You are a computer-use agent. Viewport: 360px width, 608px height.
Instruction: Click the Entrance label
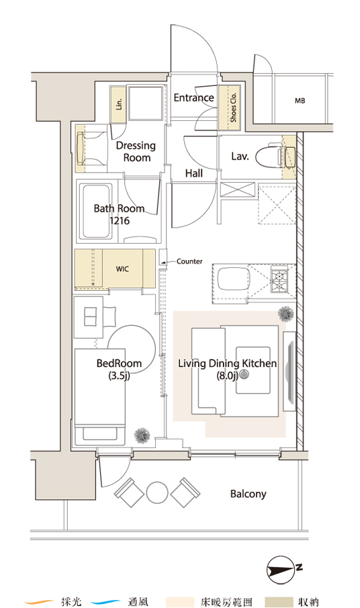pyautogui.click(x=193, y=97)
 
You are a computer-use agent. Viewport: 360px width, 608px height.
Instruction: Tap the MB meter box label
pyautogui.click(x=300, y=101)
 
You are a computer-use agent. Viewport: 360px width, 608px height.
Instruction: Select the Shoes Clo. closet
pyautogui.click(x=229, y=107)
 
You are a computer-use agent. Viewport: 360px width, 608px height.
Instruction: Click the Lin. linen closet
pyautogui.click(x=118, y=104)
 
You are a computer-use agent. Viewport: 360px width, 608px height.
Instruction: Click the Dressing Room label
pyautogui.click(x=136, y=151)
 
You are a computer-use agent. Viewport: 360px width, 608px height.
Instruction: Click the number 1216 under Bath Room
pyautogui.click(x=120, y=221)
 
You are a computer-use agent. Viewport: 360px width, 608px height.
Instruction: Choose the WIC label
pyautogui.click(x=122, y=269)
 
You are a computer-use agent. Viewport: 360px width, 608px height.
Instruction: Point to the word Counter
pyautogui.click(x=189, y=261)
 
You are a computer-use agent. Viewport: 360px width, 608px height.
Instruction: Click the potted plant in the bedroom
pyautogui.click(x=142, y=435)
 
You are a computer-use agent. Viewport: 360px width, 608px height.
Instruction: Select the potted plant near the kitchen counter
pyautogui.click(x=286, y=314)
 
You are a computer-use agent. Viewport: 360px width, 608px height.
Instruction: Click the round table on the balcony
pyautogui.click(x=157, y=493)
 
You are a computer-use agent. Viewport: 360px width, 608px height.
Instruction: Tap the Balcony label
pyautogui.click(x=249, y=494)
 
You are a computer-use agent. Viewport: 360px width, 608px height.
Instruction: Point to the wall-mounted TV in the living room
pyautogui.click(x=289, y=372)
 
